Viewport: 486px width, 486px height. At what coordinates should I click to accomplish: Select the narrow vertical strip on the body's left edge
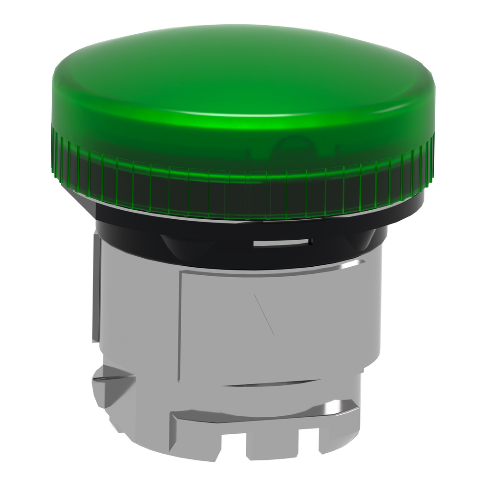96,290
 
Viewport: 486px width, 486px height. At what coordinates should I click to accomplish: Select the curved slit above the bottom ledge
266,383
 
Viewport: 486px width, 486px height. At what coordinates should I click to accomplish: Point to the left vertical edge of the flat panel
179,327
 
